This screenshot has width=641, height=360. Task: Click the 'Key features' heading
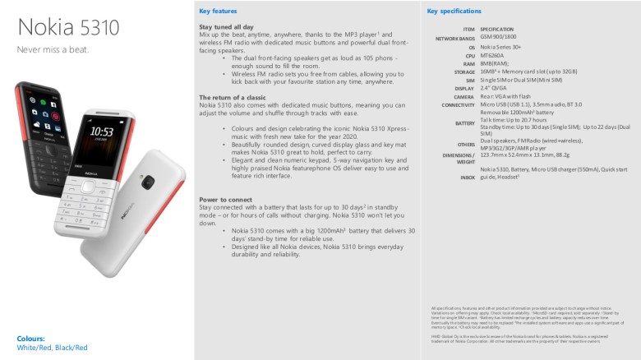tap(218, 12)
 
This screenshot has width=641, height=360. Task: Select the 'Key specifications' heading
tap(454, 12)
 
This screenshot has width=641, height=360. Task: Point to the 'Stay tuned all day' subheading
tap(228, 27)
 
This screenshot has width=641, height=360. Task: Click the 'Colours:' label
tap(31, 339)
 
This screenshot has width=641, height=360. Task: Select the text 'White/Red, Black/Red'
tap(52, 348)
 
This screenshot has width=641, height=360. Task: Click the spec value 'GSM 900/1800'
tap(499, 37)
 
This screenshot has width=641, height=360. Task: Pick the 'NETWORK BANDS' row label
tap(454, 39)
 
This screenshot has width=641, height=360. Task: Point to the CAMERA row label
tap(463, 96)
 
